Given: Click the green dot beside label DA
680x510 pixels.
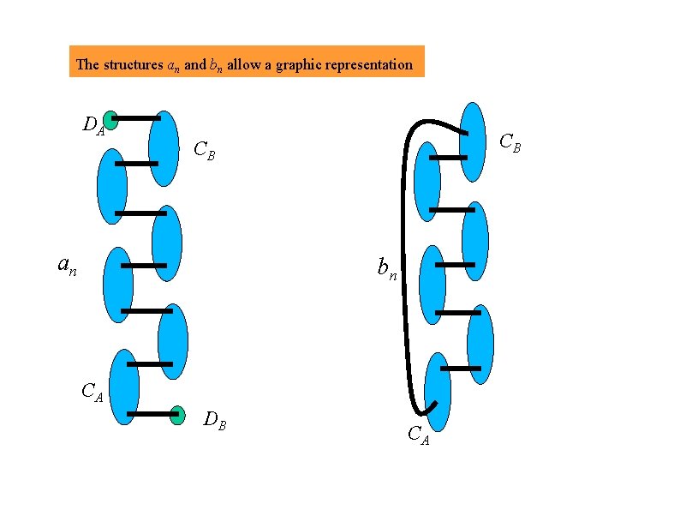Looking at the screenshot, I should click(x=110, y=120).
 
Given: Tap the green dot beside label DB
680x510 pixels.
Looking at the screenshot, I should click(x=177, y=415).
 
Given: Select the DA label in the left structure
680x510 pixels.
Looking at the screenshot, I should click(x=93, y=127).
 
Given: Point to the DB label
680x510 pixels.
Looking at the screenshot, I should click(x=214, y=420).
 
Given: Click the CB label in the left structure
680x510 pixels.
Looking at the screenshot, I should click(x=204, y=152).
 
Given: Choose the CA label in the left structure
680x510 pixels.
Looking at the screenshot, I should click(x=92, y=393).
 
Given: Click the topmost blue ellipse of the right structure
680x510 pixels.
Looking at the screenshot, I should click(x=473, y=141).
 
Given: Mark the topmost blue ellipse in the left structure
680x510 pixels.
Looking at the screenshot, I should click(x=164, y=148).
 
